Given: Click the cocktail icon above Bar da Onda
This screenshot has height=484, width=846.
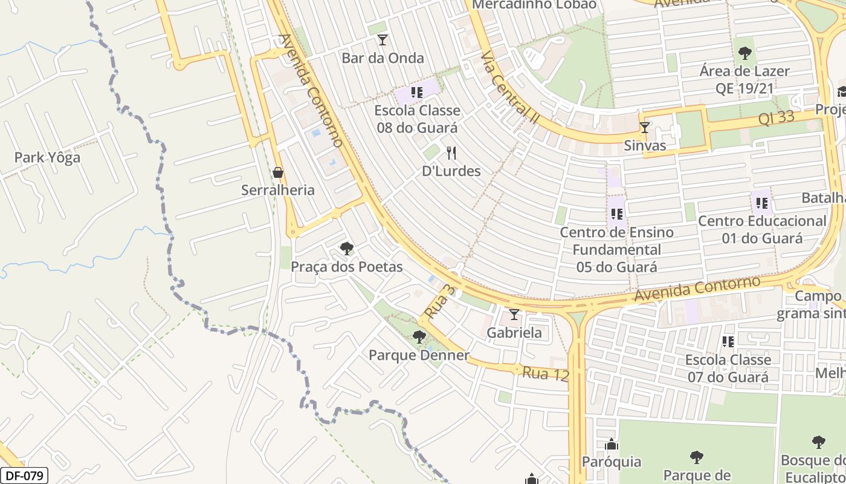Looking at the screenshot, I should tap(382, 40).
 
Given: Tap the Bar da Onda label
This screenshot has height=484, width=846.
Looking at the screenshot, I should tap(383, 58).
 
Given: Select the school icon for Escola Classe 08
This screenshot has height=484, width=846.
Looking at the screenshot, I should tap(416, 93).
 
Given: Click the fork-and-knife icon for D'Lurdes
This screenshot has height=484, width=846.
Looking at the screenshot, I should tap(451, 152).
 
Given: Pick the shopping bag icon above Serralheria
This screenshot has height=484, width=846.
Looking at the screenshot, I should tap(278, 172).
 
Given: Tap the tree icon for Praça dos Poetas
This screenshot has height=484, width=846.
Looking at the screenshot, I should tap(346, 248).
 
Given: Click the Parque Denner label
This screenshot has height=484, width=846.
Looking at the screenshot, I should tap(419, 355).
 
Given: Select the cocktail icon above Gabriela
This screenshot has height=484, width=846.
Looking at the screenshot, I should tap(514, 315).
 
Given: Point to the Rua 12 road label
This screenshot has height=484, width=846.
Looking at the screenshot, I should tap(546, 374).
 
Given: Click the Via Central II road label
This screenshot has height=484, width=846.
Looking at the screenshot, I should tap(509, 88).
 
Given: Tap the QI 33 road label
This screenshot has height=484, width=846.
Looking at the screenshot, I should tap(776, 117).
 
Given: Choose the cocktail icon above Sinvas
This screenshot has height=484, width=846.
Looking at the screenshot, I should tap(645, 128).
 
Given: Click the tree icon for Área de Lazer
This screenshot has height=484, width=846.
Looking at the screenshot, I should tap(744, 53).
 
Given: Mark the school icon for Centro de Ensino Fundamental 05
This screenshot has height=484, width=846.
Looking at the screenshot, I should tap(616, 214).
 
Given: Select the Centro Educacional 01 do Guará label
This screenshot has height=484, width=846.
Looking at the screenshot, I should tap(761, 229).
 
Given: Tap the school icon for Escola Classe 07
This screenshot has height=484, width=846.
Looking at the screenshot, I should tap(728, 342).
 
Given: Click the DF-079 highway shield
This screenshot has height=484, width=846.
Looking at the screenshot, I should tap(24, 476).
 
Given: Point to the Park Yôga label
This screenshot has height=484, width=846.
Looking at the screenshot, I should tap(47, 158).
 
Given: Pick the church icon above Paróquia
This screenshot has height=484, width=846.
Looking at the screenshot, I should tap(612, 445).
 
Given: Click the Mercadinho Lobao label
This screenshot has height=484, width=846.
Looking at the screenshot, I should tap(534, 5).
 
